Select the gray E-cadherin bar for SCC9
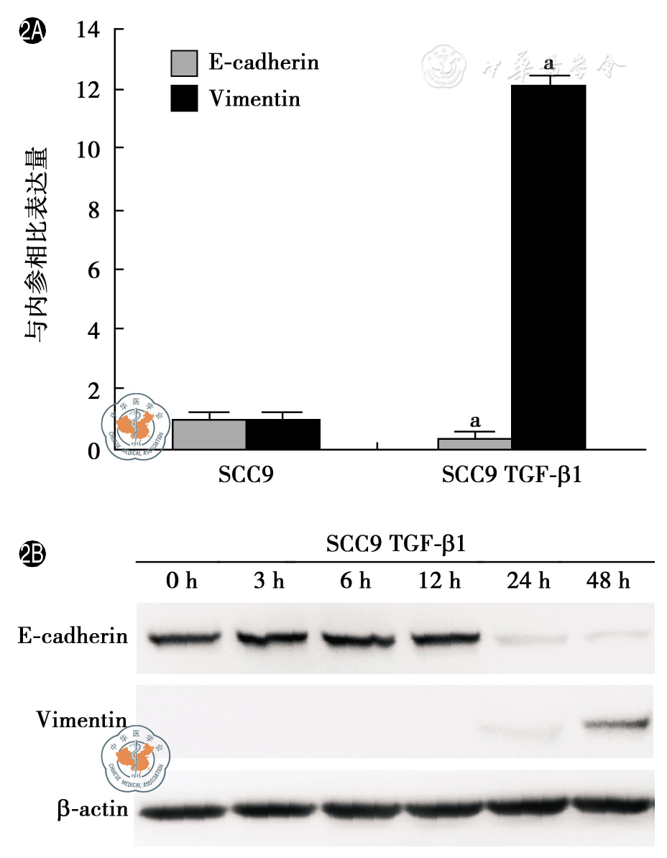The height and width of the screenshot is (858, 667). tap(209, 434)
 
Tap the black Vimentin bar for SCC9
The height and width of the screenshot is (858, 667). tap(283, 434)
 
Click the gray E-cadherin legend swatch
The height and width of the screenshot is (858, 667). tap(184, 63)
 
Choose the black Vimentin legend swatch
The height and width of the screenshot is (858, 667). tap(184, 98)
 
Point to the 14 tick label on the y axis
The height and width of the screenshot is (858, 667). tap(91, 30)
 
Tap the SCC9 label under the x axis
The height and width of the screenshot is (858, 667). tap(246, 476)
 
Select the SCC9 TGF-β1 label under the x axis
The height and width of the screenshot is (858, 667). tap(511, 476)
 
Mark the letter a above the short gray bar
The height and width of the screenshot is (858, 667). tap(474, 420)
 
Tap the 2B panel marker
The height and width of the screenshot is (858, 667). tap(32, 554)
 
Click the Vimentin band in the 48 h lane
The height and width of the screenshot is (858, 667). tap(616, 724)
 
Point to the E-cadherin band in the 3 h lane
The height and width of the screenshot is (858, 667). tap(270, 638)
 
